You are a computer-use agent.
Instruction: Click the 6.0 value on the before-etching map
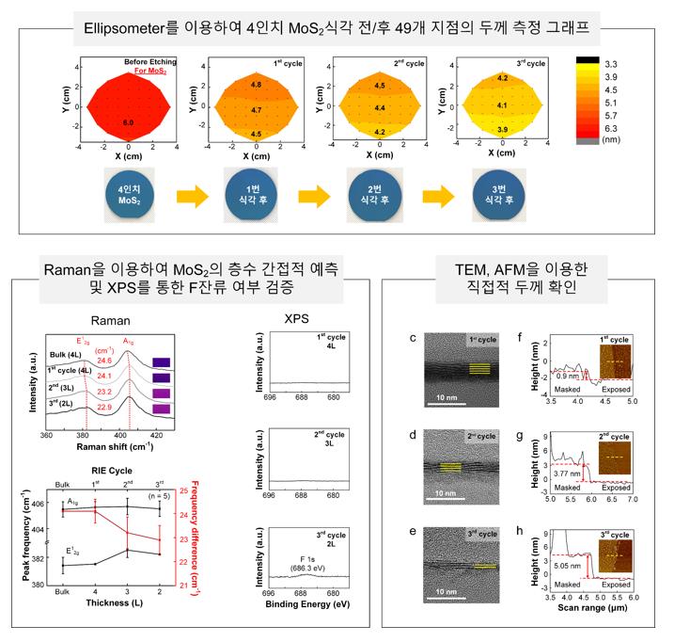pos(129,122)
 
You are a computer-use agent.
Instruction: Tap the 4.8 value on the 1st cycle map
pos(256,85)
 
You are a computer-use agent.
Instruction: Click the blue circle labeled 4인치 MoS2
pos(129,194)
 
